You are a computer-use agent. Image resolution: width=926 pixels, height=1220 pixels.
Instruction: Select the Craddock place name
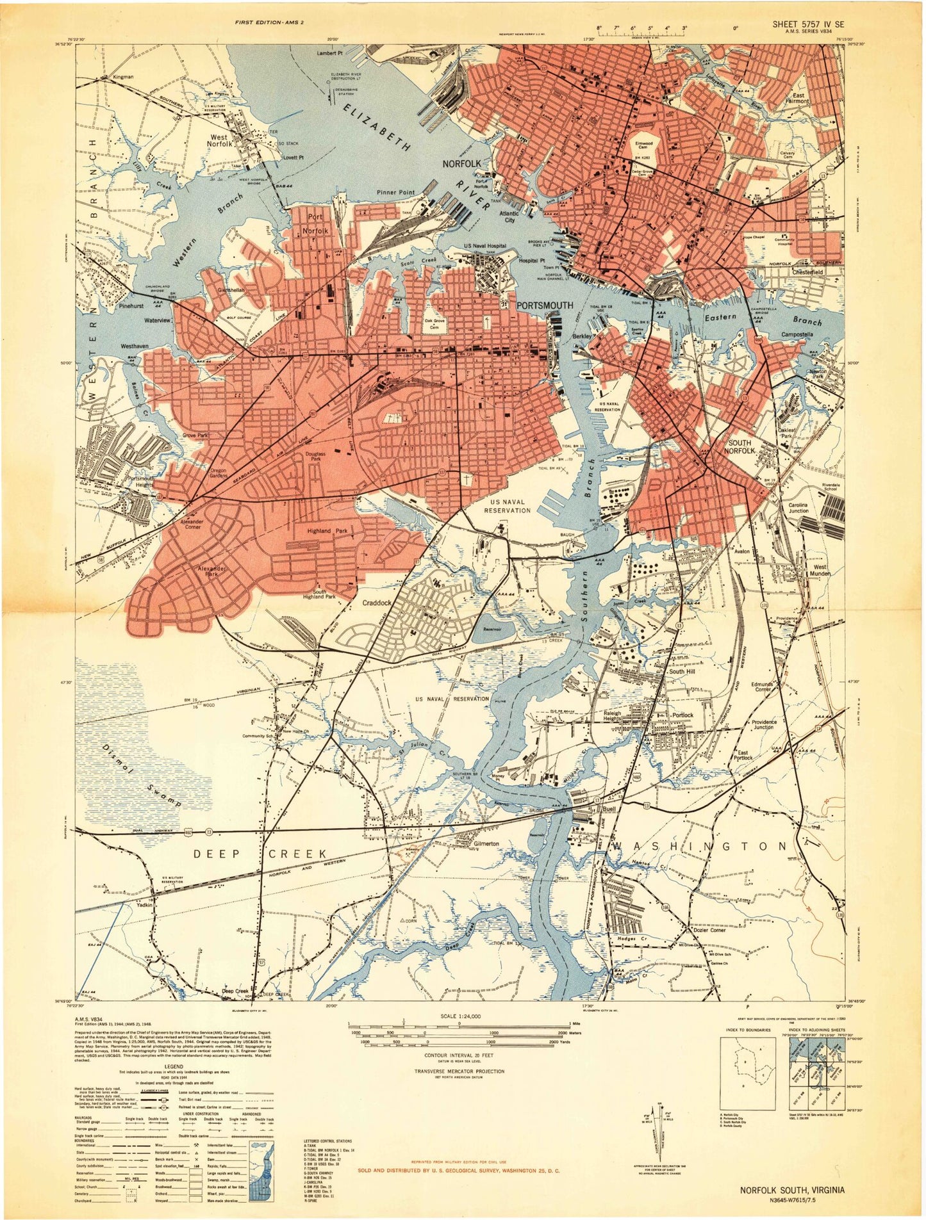click(x=377, y=603)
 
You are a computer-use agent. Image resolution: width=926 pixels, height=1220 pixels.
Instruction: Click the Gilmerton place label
click(x=486, y=843)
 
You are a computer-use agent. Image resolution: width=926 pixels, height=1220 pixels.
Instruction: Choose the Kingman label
click(x=123, y=77)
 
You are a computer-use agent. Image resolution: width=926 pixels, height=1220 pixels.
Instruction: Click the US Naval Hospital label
click(x=485, y=246)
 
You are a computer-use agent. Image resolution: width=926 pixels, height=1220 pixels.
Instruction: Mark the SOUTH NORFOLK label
click(x=740, y=446)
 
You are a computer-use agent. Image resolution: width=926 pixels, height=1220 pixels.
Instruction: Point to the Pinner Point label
click(x=395, y=192)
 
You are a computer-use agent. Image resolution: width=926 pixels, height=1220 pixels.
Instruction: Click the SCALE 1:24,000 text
click(x=459, y=1016)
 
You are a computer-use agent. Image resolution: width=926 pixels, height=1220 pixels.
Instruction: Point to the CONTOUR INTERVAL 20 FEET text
click(x=459, y=1054)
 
